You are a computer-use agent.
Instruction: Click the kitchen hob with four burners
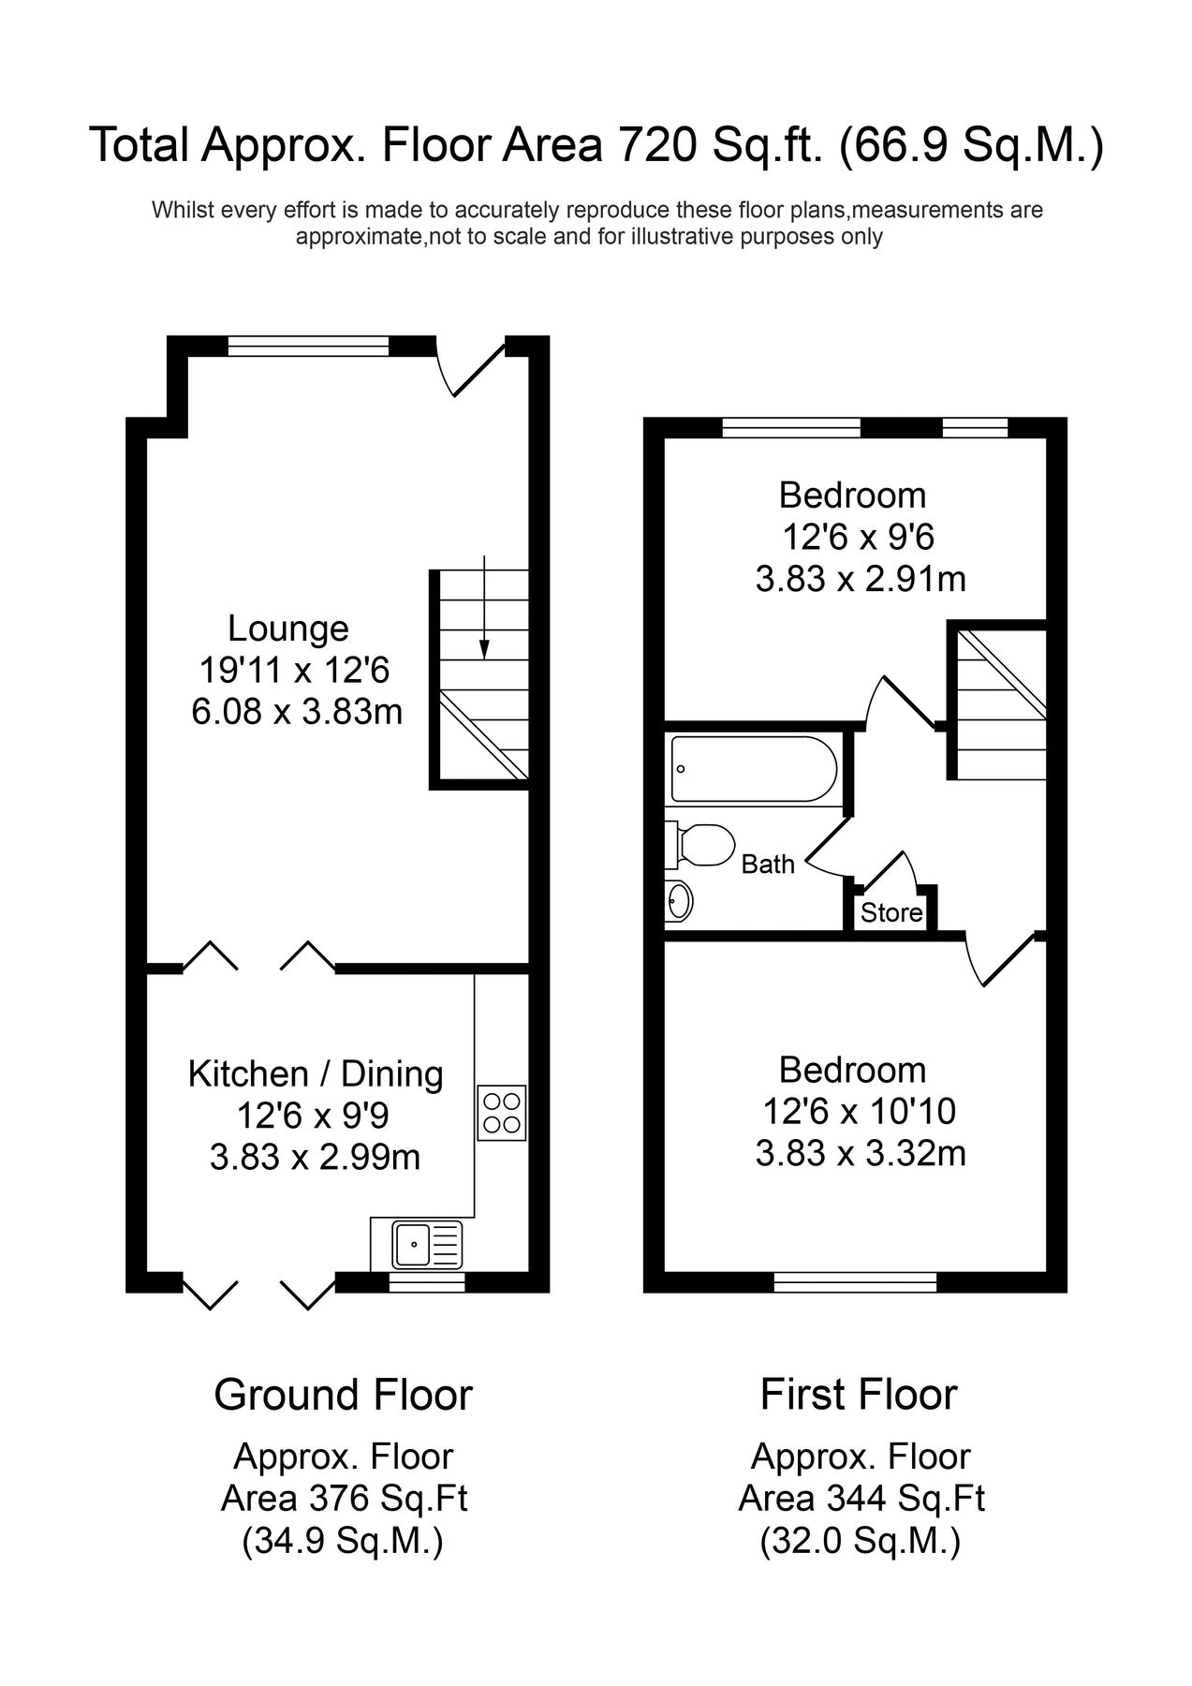click(502, 1113)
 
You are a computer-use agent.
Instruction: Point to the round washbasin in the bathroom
click(680, 902)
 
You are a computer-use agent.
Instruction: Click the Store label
click(891, 912)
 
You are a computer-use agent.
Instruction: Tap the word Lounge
click(288, 628)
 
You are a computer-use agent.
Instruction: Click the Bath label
click(768, 864)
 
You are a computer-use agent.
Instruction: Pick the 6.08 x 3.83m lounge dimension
click(297, 712)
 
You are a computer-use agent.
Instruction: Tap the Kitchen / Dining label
click(316, 1073)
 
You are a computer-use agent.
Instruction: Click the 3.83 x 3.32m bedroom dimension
click(861, 1153)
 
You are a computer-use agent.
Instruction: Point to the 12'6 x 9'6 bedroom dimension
click(859, 537)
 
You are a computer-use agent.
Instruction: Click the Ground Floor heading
click(343, 1395)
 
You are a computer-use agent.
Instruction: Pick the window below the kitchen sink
click(427, 1282)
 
